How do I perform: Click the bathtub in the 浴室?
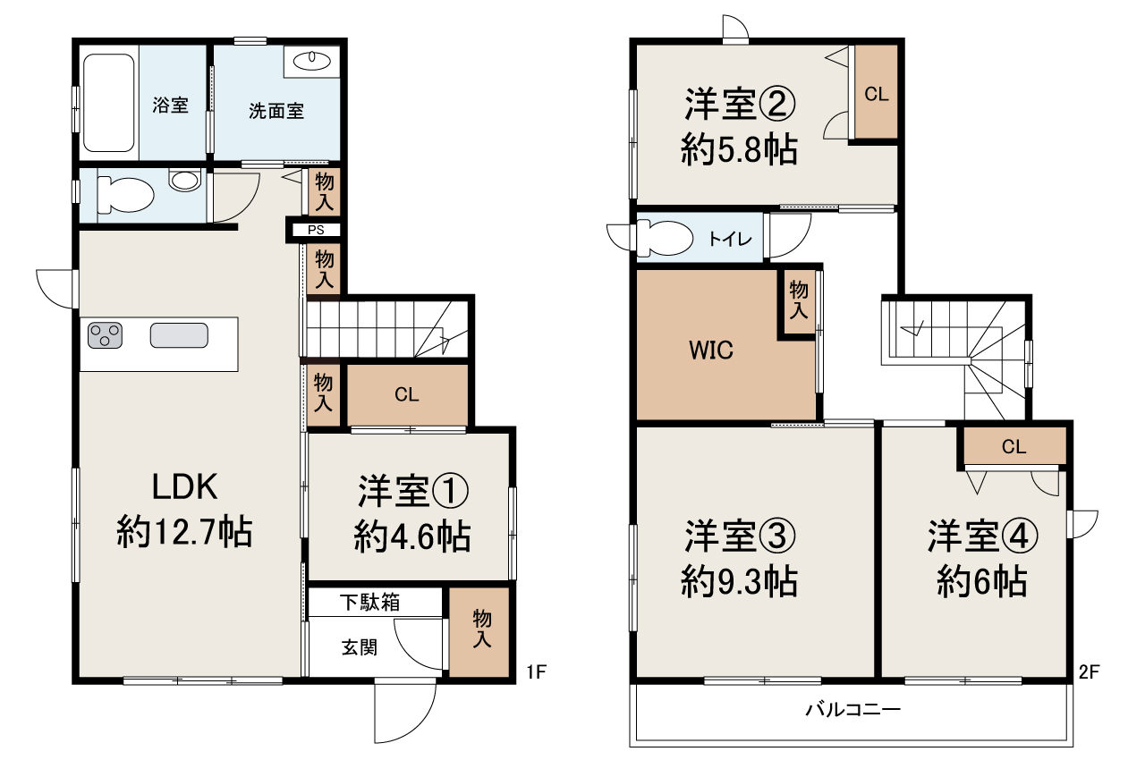pyautogui.click(x=109, y=104)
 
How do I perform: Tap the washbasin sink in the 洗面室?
pyautogui.click(x=311, y=61)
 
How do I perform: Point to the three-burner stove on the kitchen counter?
pyautogui.click(x=106, y=336)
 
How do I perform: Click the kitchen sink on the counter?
pyautogui.click(x=179, y=335)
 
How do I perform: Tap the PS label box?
pyautogui.click(x=317, y=230)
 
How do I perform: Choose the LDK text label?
pyautogui.click(x=183, y=488)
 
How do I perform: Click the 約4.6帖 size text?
pyautogui.click(x=412, y=536)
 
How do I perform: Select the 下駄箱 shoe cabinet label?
pyautogui.click(x=369, y=602)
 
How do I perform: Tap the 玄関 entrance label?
pyautogui.click(x=360, y=646)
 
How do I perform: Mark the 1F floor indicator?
pyautogui.click(x=535, y=672)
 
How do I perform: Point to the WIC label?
pyautogui.click(x=711, y=350)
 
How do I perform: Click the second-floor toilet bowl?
pyautogui.click(x=666, y=239)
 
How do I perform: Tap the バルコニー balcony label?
pyautogui.click(x=852, y=711)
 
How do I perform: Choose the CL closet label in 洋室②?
pyautogui.click(x=877, y=94)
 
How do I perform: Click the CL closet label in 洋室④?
pyautogui.click(x=1014, y=447)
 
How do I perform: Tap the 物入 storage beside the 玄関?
pyautogui.click(x=481, y=629)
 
